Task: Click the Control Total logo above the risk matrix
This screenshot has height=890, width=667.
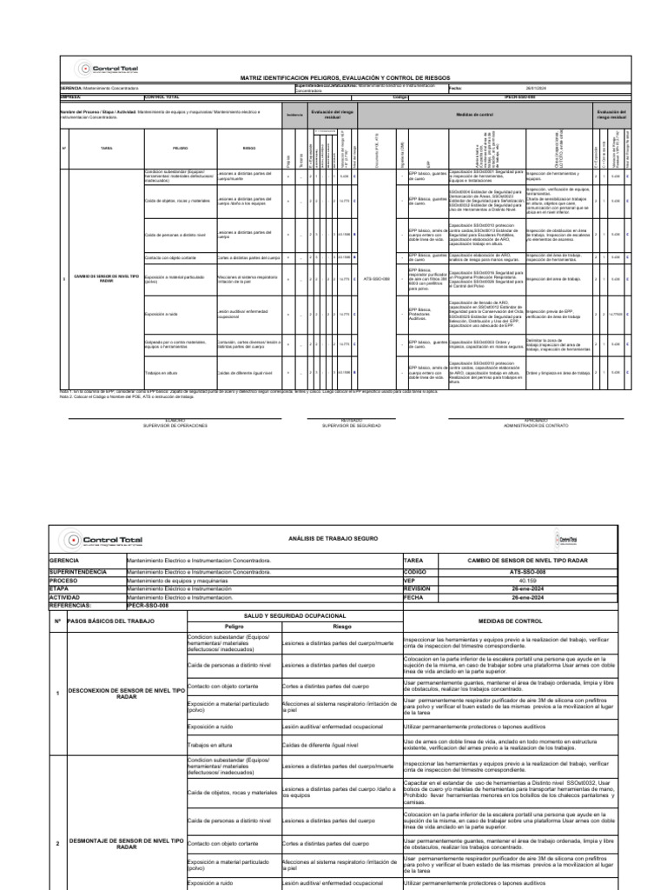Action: [109, 69]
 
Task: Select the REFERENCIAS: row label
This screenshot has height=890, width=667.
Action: [77, 604]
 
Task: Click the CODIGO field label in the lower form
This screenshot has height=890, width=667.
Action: [421, 573]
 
